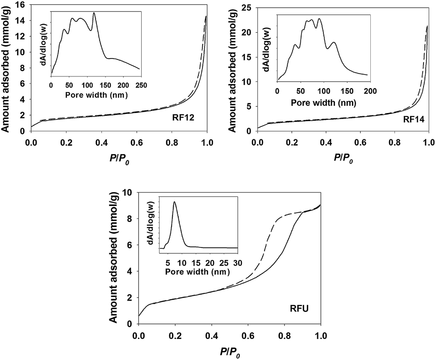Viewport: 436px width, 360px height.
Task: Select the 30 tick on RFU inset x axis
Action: tap(237, 261)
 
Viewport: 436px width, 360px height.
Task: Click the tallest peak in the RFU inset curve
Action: tap(174, 202)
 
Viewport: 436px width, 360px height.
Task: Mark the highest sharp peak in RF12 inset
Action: tap(94, 13)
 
